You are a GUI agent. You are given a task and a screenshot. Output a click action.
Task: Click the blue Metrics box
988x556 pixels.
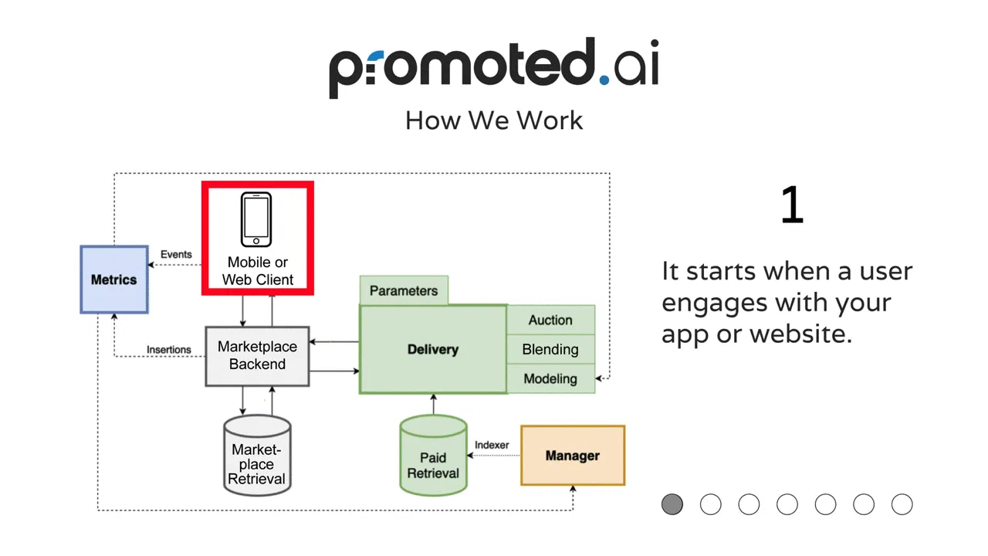[x=114, y=280]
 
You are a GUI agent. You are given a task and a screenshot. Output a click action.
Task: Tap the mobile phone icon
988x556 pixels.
[x=255, y=219]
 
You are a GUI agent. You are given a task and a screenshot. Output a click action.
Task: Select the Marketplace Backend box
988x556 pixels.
[x=257, y=356]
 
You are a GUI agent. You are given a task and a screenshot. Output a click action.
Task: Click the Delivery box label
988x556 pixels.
[x=433, y=350]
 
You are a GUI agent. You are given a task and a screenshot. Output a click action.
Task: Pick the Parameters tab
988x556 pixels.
[x=404, y=290]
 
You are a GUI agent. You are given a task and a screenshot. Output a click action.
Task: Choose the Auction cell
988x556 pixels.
[x=550, y=320]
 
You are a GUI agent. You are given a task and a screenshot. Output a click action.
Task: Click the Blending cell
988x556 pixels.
[x=550, y=350]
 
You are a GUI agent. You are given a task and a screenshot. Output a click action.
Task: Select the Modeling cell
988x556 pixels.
[x=550, y=378]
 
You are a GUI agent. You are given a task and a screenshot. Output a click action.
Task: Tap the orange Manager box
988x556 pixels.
[x=573, y=456]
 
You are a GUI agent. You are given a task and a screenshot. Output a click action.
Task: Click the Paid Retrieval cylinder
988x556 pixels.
[x=433, y=456]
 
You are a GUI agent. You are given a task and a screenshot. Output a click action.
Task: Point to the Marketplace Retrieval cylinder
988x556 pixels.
[x=257, y=456]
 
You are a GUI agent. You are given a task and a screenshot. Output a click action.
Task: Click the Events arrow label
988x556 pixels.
[x=176, y=255]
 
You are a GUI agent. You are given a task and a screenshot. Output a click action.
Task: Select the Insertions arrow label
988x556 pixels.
[x=169, y=350]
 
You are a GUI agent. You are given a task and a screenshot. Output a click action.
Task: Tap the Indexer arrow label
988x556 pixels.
[x=492, y=445]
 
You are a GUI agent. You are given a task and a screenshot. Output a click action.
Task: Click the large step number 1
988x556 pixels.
[x=792, y=205]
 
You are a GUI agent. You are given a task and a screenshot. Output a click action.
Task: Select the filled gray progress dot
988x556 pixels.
[x=672, y=504]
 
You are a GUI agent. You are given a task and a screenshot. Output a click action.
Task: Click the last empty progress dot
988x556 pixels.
[x=902, y=504]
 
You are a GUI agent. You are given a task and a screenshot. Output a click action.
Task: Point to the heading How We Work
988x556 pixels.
[x=494, y=120]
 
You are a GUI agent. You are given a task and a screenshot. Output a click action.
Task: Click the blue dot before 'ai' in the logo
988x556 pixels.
[x=604, y=80]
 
